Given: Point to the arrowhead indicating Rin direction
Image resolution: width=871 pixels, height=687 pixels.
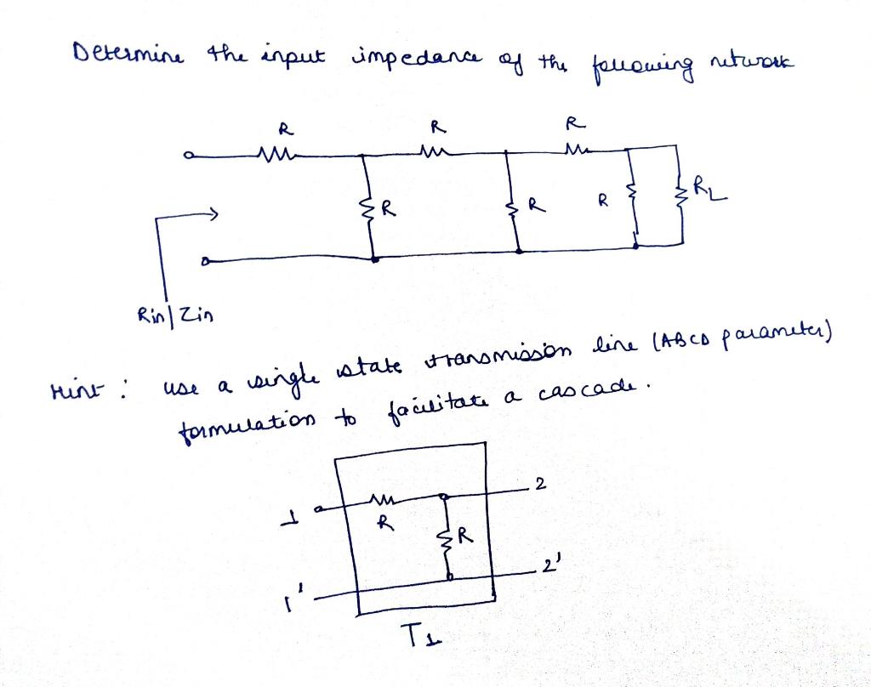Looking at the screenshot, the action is pos(219,213).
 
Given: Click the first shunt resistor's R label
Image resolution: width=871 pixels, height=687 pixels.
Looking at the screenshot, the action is pos(388,205).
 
